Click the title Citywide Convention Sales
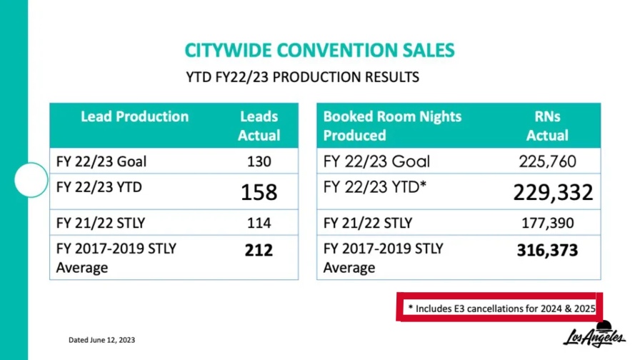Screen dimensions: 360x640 click(x=319, y=50)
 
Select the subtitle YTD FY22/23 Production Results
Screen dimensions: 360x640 click(x=302, y=76)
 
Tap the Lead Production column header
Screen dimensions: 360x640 click(x=134, y=116)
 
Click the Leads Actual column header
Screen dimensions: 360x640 click(x=259, y=126)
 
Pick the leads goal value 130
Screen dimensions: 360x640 click(x=259, y=161)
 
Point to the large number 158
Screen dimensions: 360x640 click(x=259, y=191)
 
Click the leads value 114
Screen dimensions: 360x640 click(x=259, y=223)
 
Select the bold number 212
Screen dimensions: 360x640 click(x=259, y=250)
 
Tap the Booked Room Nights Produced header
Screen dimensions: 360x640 click(x=392, y=126)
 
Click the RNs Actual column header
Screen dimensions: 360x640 click(x=547, y=126)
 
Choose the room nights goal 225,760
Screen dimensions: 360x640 click(x=547, y=161)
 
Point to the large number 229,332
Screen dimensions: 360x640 click(x=553, y=191)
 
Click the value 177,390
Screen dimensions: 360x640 click(x=547, y=223)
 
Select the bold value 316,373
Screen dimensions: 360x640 click(x=547, y=250)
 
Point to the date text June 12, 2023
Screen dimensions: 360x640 click(x=101, y=339)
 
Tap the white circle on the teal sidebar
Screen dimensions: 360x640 click(x=30, y=180)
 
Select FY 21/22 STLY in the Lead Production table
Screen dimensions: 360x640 click(x=101, y=223)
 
